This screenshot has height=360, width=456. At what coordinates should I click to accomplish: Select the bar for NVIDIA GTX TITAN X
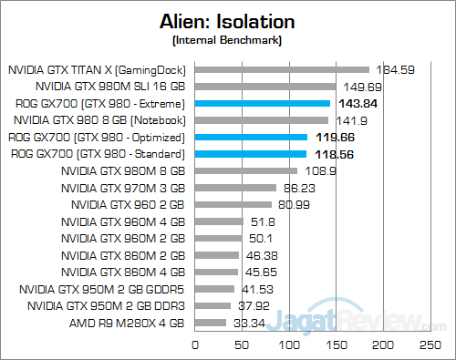282,69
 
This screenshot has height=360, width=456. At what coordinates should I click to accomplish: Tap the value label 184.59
396,69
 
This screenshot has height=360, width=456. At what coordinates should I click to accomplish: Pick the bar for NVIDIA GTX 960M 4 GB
219,221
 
